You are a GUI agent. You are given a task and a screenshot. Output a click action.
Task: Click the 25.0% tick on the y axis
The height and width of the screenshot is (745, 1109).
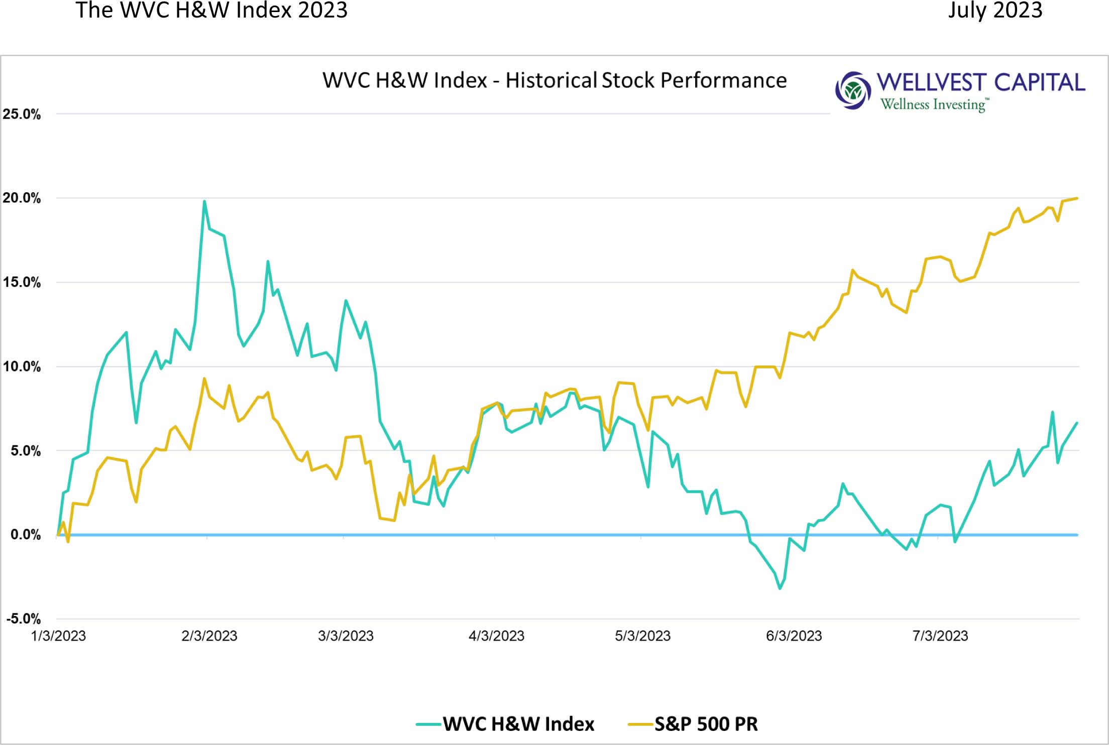coord(22,114)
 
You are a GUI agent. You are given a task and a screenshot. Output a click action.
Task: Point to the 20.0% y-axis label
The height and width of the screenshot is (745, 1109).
coord(22,198)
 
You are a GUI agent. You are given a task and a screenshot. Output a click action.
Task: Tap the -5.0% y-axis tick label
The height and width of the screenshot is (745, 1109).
coord(23,618)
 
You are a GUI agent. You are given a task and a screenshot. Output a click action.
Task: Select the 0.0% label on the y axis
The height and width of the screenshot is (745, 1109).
coord(26,535)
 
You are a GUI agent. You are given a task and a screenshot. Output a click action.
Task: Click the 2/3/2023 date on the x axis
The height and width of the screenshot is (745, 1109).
coord(209,636)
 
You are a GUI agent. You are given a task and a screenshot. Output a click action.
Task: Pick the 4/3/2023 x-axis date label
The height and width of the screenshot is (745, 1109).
coord(496,636)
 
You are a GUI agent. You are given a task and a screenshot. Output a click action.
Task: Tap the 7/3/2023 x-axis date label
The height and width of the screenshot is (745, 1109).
coord(940,636)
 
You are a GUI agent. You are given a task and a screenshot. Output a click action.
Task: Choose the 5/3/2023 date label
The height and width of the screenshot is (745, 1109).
coord(642,636)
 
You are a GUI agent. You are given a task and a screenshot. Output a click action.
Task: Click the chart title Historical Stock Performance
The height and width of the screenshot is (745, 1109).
coord(554,80)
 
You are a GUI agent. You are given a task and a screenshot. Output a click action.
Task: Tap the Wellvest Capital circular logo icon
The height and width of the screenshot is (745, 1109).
coord(852,90)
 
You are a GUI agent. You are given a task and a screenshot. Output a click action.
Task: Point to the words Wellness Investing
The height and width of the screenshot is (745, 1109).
coord(933,104)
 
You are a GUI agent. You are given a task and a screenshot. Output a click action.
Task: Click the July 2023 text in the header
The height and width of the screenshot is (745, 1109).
coord(994,10)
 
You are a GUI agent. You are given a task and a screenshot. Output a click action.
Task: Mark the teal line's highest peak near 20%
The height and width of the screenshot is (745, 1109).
coord(204,201)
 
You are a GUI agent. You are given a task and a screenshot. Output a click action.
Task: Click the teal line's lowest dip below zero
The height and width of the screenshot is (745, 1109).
coord(780,588)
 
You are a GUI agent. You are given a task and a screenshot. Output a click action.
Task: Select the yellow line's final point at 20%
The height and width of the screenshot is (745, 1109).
coord(1077,198)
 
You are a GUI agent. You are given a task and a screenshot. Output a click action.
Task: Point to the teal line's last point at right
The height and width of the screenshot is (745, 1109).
coord(1077,423)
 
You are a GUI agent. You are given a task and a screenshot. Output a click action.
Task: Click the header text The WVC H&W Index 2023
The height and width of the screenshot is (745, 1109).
coord(211,10)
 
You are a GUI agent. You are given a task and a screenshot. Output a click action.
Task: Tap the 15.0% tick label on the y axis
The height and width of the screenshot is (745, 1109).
coord(22,282)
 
